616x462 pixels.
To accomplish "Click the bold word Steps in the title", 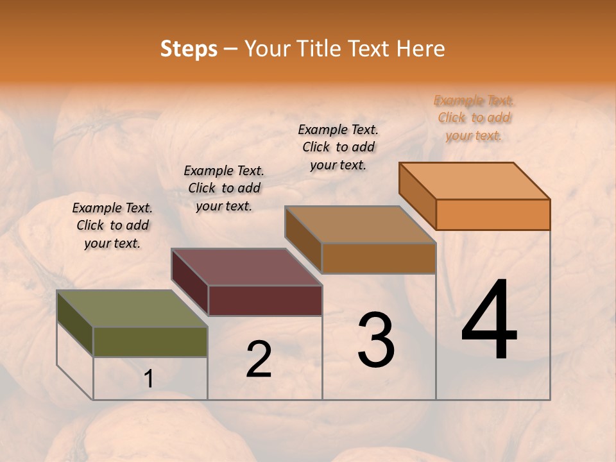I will point(189,49).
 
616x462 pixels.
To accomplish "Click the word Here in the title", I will point(421,49).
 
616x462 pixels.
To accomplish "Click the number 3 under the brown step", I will point(376,340).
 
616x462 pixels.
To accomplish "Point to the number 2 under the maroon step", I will point(259,359).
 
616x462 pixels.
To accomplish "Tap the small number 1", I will point(149,379).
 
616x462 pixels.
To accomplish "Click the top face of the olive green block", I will point(132,309).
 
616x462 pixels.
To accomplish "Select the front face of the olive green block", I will point(150,341).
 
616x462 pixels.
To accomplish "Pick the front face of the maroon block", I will point(264,300).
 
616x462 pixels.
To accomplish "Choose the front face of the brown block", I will point(379,258).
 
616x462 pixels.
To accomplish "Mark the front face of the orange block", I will point(493,214).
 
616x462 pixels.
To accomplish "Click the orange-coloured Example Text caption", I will point(474,117).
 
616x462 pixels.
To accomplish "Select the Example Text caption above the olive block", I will point(112,225).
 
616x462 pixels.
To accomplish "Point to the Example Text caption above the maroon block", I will point(224,188).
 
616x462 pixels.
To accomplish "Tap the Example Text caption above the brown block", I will point(338,147).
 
